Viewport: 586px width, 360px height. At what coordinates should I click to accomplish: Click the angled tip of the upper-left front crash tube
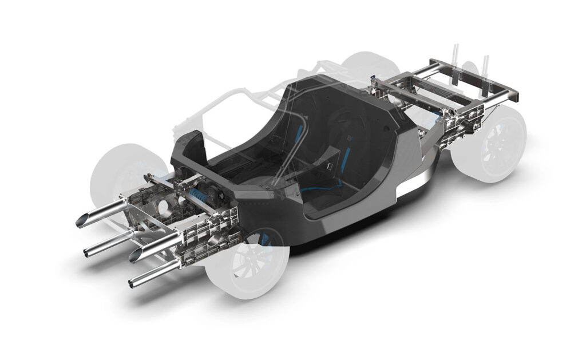click(x=84, y=220)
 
